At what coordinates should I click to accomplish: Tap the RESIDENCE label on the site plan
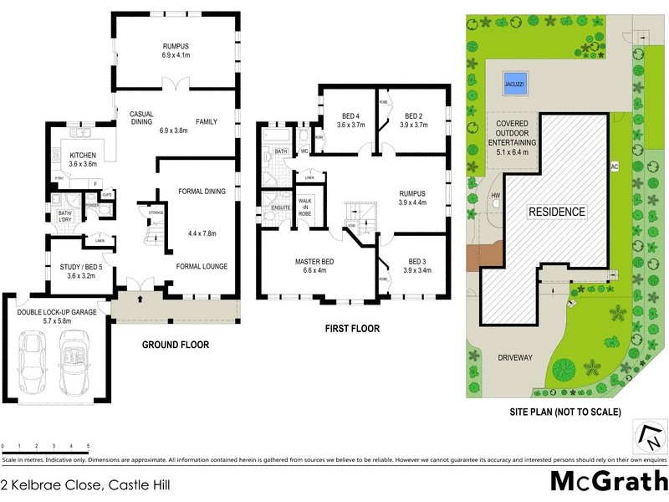[x=555, y=212]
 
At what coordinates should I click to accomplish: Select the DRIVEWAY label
[x=515, y=357]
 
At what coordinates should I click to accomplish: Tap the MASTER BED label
[x=315, y=261]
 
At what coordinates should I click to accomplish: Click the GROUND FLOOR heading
[x=175, y=345]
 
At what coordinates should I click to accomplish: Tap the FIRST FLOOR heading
[x=352, y=329]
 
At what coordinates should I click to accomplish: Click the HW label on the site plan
[x=497, y=196]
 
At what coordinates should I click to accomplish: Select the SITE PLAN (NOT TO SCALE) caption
[x=565, y=412]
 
